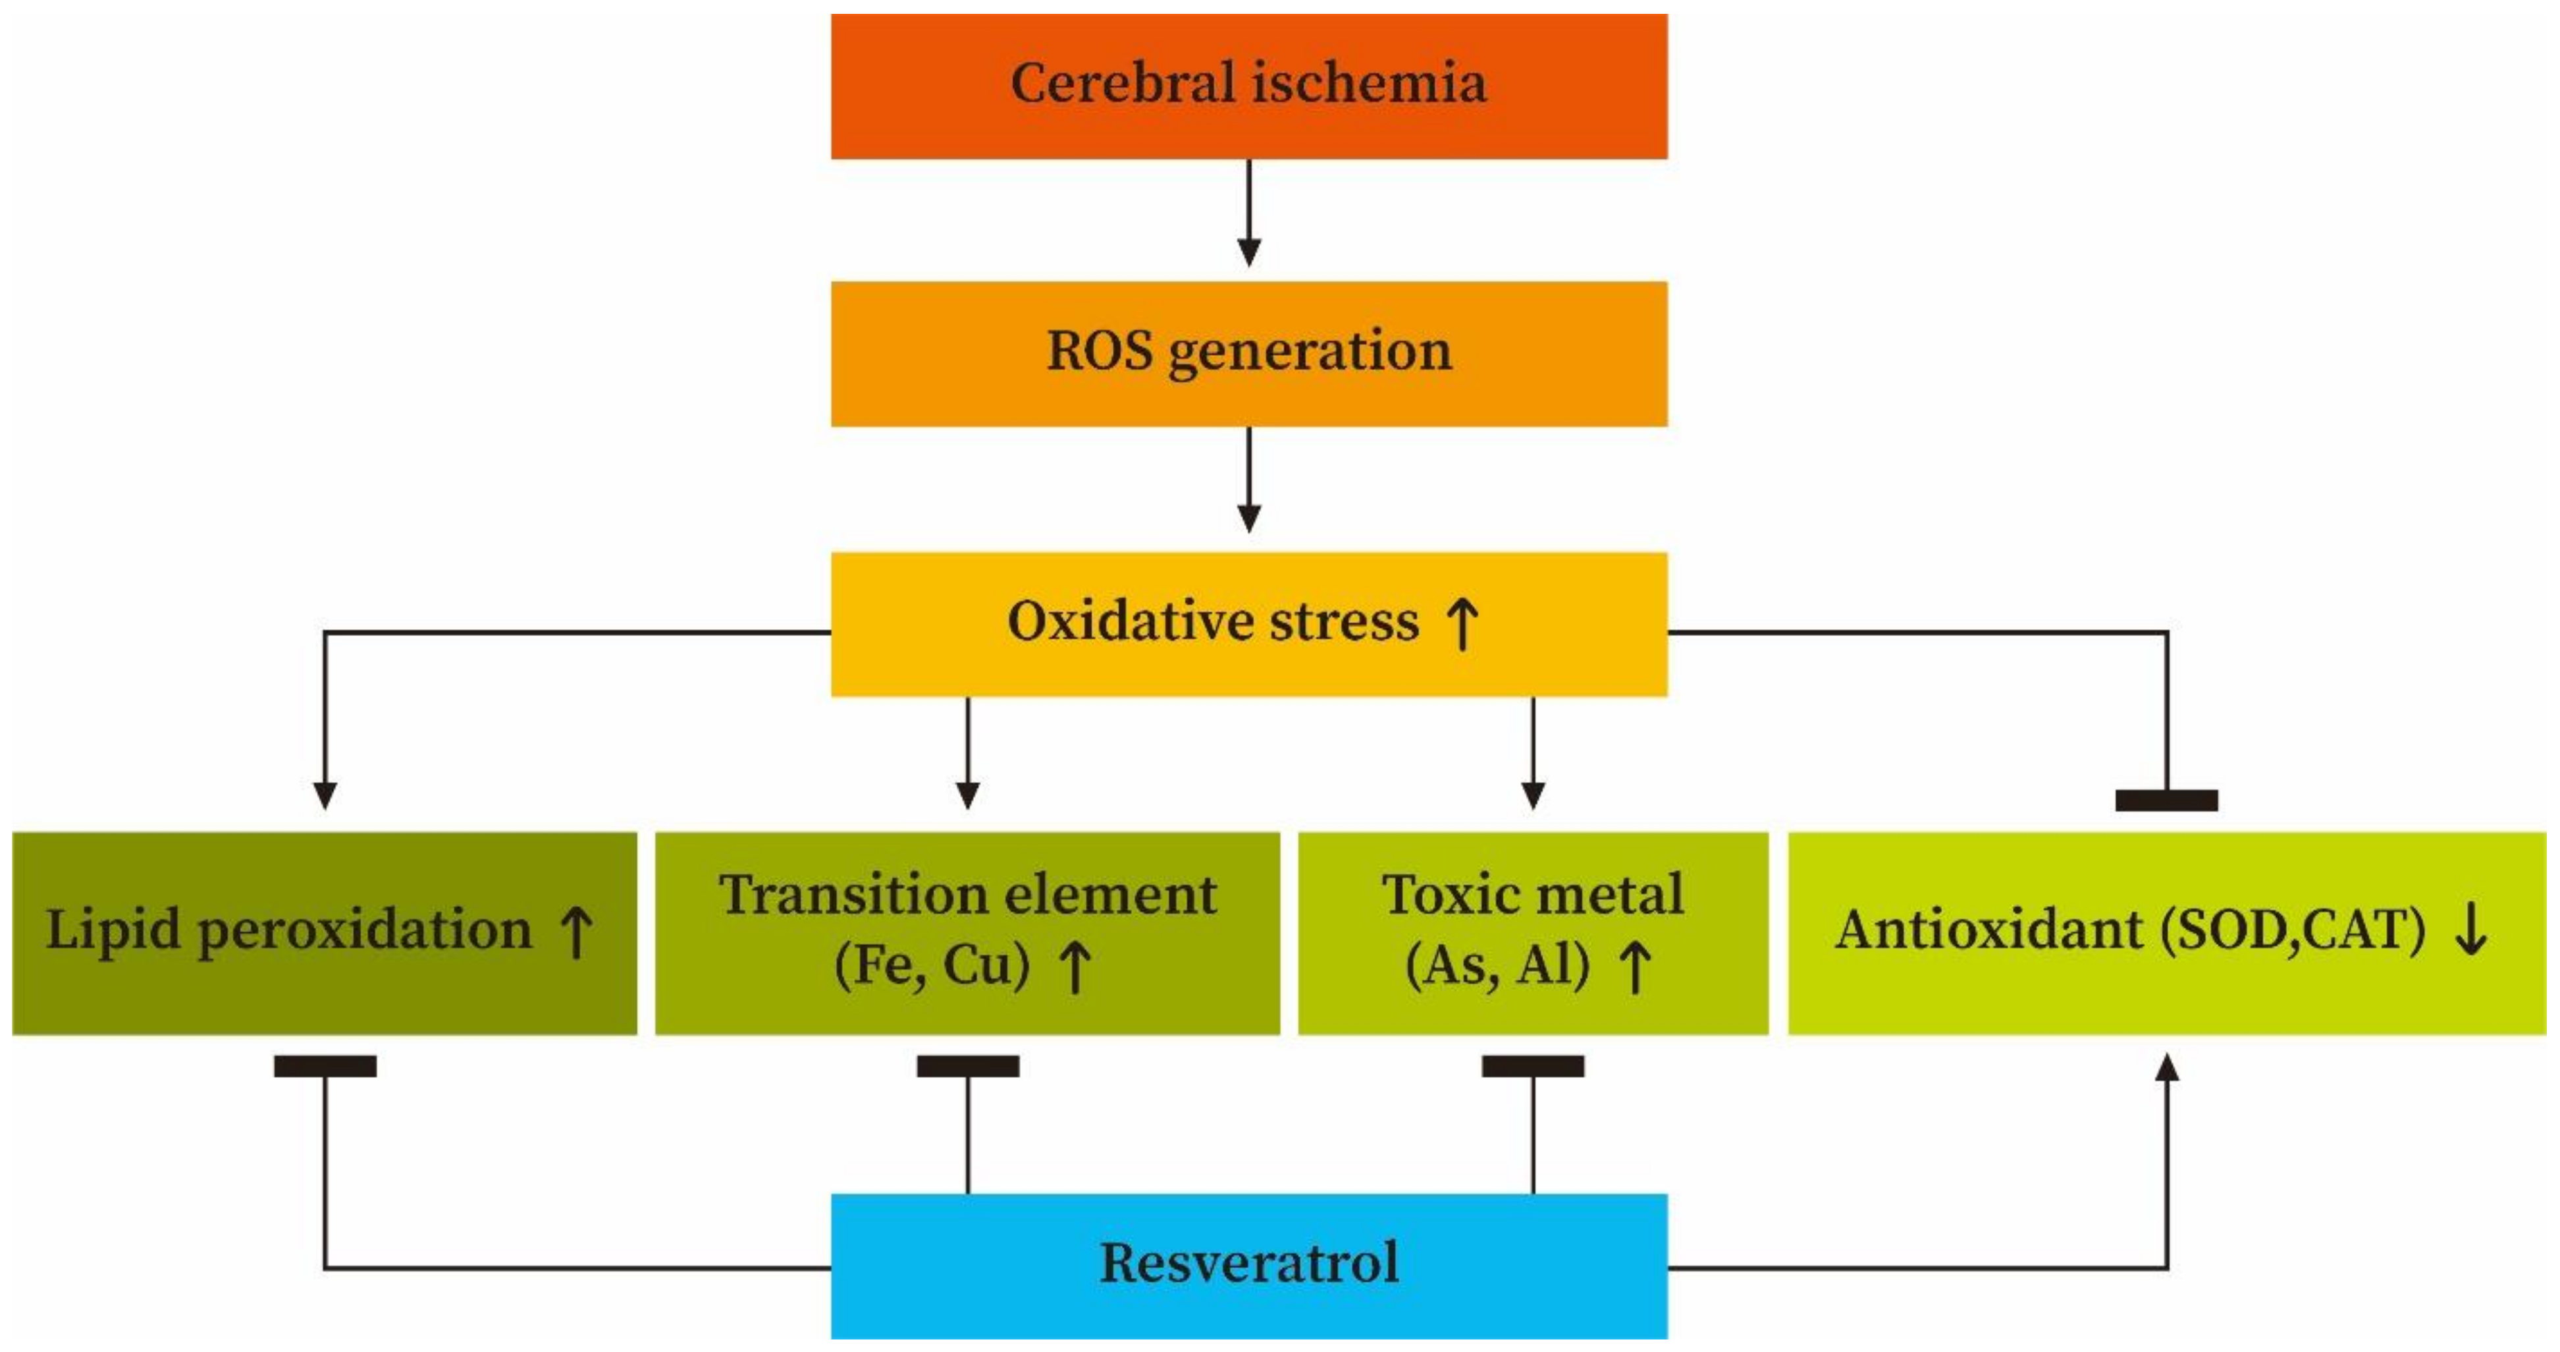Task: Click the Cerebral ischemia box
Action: pyautogui.click(x=1248, y=86)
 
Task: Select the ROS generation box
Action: pyautogui.click(x=1248, y=353)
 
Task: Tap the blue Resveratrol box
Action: pyautogui.click(x=1248, y=1264)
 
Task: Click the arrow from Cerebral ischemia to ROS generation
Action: pyautogui.click(x=1248, y=213)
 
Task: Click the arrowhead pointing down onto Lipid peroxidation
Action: pyautogui.click(x=325, y=795)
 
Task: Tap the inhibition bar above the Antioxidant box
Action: pyautogui.click(x=2166, y=801)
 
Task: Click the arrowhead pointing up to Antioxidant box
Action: pyautogui.click(x=2166, y=1069)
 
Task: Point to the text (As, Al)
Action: pyautogui.click(x=1497, y=965)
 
